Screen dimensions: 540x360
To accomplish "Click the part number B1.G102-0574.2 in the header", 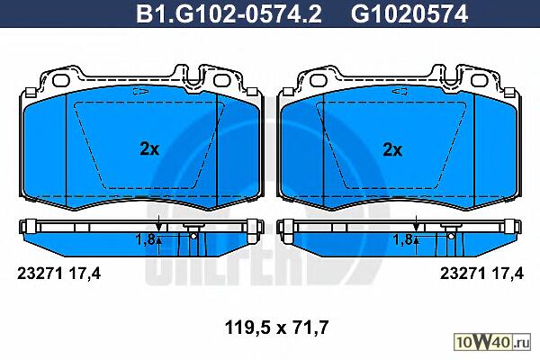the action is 229,13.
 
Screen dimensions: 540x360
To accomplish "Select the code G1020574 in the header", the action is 409,13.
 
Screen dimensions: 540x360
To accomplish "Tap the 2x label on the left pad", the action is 149,149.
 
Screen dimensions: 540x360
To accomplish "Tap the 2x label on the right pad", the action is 392,150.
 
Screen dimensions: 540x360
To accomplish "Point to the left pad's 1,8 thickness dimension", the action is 145,239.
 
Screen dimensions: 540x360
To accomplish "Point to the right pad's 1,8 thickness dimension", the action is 403,239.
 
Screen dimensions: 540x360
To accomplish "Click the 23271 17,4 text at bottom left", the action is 58,274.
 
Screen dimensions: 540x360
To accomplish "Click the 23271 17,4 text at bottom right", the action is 481,274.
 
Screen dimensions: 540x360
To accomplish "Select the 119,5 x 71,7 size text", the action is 277,328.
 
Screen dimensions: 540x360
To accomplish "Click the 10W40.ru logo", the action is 492,342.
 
